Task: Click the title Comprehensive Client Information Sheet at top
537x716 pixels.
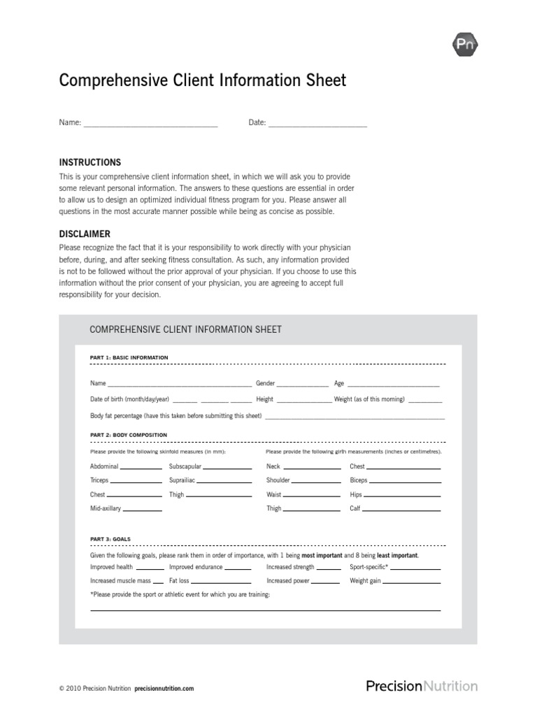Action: coord(203,81)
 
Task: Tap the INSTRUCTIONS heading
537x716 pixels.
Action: coord(90,162)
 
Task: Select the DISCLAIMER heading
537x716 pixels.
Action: coord(85,234)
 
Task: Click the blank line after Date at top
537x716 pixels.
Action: coord(317,124)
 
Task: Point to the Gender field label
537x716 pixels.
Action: coord(265,384)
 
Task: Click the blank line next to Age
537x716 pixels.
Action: coord(393,385)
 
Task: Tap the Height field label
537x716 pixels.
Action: coord(264,399)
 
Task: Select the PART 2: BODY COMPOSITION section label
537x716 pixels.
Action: coord(129,435)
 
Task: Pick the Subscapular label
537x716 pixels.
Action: coord(185,466)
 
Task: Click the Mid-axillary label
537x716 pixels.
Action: coord(106,509)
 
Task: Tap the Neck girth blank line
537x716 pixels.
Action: coord(312,467)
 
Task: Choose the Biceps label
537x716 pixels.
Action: coord(358,481)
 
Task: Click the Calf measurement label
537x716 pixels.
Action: coord(355,509)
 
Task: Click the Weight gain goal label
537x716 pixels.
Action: coord(365,581)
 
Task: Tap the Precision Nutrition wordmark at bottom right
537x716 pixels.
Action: coord(422,686)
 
